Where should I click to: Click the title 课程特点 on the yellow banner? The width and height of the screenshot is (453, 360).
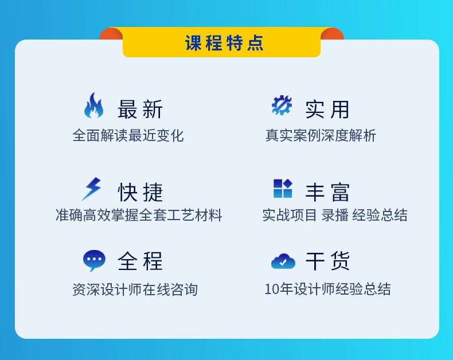(x=224, y=43)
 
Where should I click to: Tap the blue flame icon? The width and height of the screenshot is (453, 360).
(x=94, y=105)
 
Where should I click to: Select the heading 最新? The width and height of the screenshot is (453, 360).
(x=140, y=109)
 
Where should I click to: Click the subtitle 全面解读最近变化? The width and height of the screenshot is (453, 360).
(x=128, y=135)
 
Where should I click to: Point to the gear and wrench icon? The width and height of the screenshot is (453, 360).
(x=282, y=105)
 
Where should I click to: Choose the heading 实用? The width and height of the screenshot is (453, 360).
(x=327, y=109)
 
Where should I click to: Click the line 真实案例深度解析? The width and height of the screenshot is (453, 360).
(x=321, y=135)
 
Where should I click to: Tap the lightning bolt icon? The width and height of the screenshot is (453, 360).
(x=92, y=189)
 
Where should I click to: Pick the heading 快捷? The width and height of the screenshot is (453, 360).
(x=140, y=192)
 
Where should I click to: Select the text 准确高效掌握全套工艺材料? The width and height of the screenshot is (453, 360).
(x=139, y=215)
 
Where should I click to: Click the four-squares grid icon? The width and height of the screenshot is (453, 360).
(x=283, y=189)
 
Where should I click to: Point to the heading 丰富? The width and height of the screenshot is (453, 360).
(x=327, y=193)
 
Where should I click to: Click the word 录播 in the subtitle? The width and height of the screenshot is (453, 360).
(x=335, y=215)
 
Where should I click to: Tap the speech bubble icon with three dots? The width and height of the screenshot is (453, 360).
(x=94, y=260)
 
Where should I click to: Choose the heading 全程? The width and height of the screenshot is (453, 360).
(x=140, y=261)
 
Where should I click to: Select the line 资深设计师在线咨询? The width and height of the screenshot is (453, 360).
(x=135, y=289)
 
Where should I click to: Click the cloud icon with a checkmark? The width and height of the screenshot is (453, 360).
(x=283, y=261)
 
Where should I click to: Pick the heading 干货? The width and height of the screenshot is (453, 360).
(x=327, y=261)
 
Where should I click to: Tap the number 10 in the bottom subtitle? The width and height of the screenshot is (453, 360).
(x=272, y=289)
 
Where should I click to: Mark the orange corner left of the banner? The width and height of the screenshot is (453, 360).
(x=111, y=34)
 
